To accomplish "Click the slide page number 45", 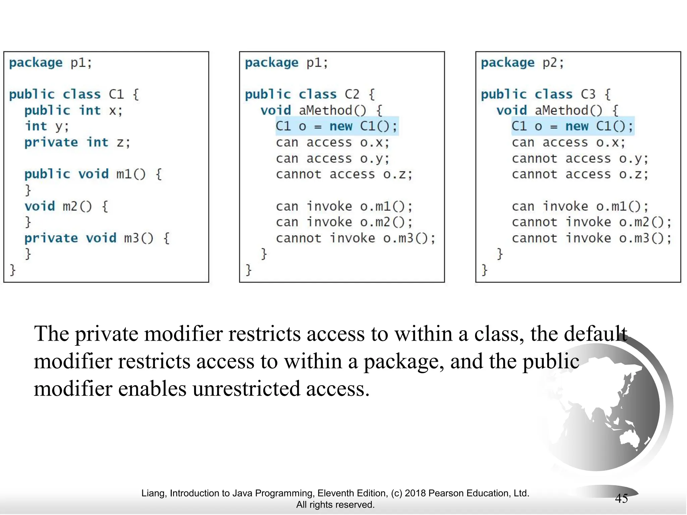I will point(621,499).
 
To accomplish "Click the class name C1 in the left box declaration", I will point(116,94).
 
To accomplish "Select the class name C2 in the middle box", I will point(352,94).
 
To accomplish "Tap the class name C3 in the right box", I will point(588,94).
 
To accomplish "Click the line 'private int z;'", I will point(77,142).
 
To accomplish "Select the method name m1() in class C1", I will point(131,174).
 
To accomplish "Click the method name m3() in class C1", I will point(139,238).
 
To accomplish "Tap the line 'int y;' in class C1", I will point(47,126).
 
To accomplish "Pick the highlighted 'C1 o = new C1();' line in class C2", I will point(336,126).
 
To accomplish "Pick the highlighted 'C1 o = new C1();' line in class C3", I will point(572,126).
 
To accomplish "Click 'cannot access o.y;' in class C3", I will point(580,159).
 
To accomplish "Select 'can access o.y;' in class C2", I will point(332,159).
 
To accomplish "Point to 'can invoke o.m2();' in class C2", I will point(344,222).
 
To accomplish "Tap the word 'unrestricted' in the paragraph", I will point(246,389).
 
